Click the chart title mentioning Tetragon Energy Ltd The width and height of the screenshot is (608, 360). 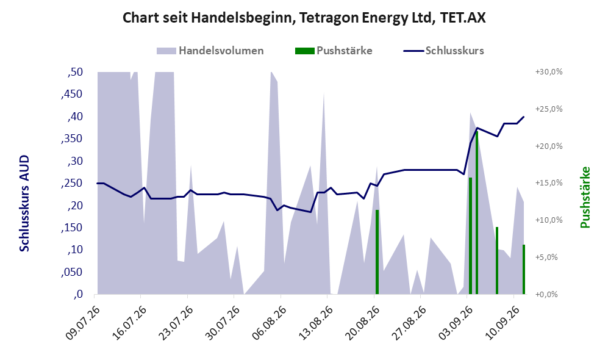[x=304, y=18]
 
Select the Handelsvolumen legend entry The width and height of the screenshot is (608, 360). [x=210, y=51]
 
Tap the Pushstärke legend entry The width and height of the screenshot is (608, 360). [x=334, y=51]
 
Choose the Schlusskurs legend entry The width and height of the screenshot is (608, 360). [x=443, y=51]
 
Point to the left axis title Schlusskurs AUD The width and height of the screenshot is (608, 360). [x=24, y=203]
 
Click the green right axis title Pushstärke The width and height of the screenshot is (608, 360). [x=585, y=197]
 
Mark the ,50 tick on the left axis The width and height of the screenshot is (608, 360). [x=75, y=72]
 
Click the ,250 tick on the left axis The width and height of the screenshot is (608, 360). [x=72, y=183]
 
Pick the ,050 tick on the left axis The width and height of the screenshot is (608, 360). [x=72, y=272]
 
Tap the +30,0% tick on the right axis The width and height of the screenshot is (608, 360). [x=549, y=72]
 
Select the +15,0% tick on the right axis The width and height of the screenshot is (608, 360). [x=549, y=183]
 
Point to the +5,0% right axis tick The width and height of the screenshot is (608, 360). [x=549, y=257]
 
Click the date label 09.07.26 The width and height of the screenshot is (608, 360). [x=82, y=323]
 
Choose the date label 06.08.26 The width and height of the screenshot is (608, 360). [x=269, y=323]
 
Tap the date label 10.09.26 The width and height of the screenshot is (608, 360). [x=502, y=323]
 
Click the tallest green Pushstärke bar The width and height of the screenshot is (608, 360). [x=477, y=212]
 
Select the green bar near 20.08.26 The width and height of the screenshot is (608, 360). [x=377, y=252]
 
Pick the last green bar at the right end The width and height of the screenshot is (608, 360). [x=523, y=269]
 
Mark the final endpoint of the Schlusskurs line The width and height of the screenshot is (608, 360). [x=524, y=117]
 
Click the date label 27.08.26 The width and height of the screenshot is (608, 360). [x=409, y=323]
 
